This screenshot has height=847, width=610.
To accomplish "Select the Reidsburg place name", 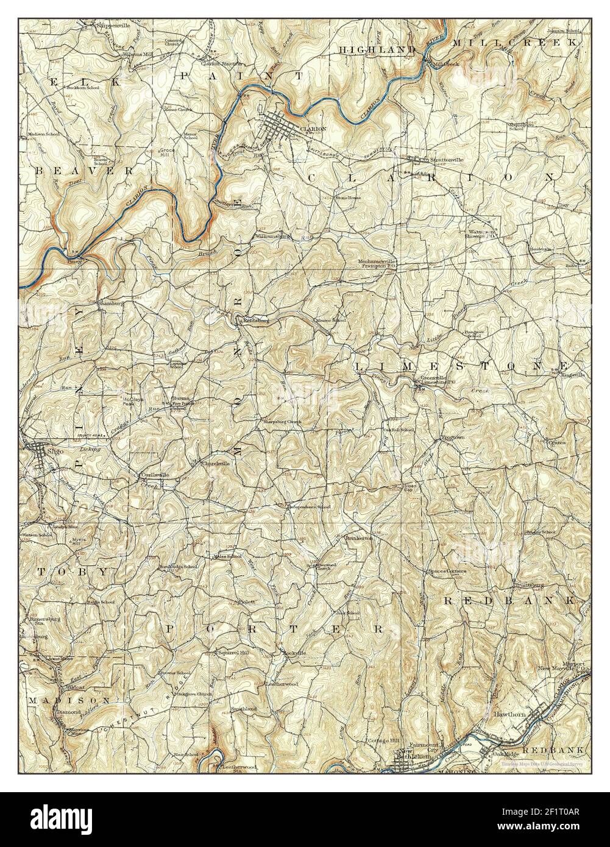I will coord(257,319).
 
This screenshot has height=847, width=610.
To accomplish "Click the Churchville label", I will coord(216,464).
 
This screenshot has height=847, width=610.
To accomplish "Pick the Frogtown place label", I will coord(453,438).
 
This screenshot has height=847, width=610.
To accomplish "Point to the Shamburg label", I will coord(111,302).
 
